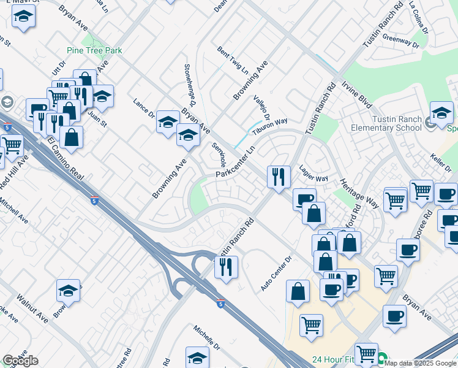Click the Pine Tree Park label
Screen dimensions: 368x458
[x=95, y=50]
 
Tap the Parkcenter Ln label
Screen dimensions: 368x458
[x=235, y=164]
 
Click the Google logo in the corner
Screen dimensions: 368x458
[x=20, y=361]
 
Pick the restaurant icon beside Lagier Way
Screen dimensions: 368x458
[x=279, y=177]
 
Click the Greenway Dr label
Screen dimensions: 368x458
[x=400, y=41]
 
